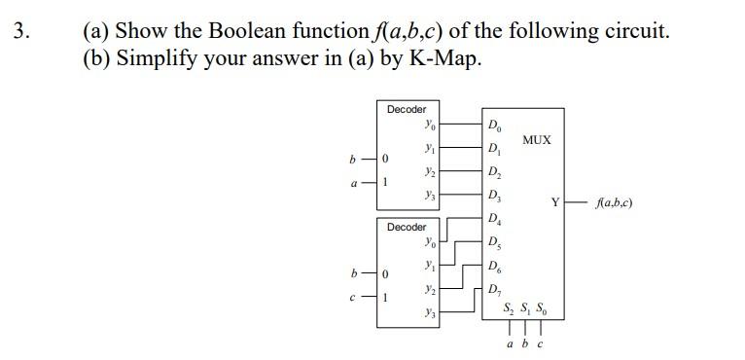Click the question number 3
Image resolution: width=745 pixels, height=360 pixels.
[x=21, y=30]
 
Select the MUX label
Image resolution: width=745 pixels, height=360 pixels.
[x=536, y=140]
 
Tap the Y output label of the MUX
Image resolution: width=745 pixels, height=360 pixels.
[x=555, y=202]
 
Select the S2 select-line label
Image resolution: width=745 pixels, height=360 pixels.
[x=509, y=309]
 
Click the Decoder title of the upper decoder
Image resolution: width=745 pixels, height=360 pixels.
[x=407, y=110]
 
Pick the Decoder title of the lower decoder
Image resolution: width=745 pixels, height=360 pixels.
[x=407, y=227]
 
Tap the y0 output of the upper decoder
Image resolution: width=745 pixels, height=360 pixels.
[x=429, y=125]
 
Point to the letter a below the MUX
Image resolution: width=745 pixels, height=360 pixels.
[x=510, y=343]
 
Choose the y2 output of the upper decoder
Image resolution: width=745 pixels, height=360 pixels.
[x=429, y=171]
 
